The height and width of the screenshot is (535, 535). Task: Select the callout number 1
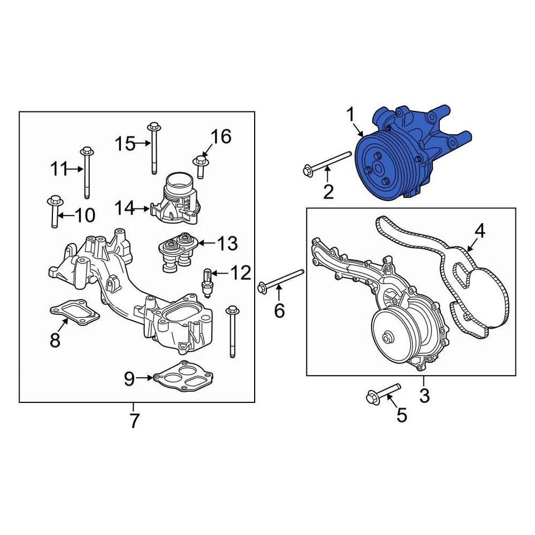351,115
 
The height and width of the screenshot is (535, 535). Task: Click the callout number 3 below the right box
424,396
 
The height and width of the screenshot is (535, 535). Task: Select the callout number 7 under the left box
134,421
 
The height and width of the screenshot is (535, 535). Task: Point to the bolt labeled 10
54,212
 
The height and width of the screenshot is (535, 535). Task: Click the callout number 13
227,243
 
